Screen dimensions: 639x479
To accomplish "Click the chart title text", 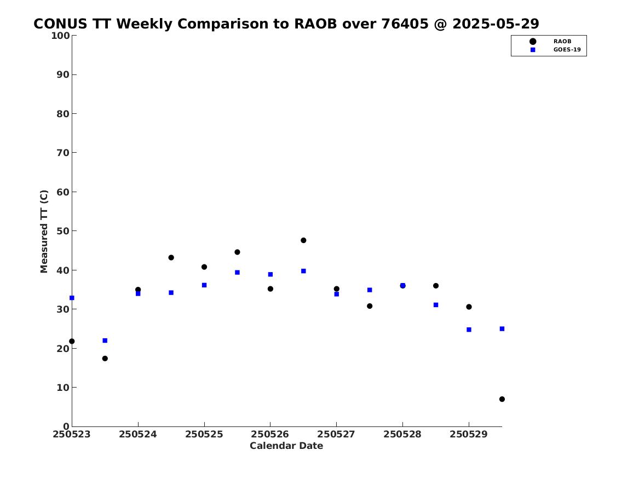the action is click(x=286, y=24).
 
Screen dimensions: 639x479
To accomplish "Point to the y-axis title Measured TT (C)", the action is click(x=44, y=231).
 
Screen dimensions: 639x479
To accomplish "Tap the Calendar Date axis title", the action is click(x=286, y=446).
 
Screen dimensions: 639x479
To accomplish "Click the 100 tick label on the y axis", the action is click(x=60, y=36).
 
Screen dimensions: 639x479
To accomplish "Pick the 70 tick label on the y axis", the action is click(x=63, y=153).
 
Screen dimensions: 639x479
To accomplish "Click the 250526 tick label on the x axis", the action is click(x=270, y=434).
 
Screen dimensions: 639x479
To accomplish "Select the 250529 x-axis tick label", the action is click(x=468, y=434).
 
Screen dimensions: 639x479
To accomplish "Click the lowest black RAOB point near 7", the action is click(x=502, y=399).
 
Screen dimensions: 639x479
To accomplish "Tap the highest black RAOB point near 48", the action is click(x=303, y=240).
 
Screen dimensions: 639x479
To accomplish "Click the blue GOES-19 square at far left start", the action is click(x=72, y=298).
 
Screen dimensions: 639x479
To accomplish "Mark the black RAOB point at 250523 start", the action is click(x=72, y=342).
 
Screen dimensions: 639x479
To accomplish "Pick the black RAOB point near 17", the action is click(x=105, y=359).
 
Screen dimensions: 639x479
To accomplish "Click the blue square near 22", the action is click(x=105, y=341).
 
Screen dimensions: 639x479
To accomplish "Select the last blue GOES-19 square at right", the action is click(x=502, y=328).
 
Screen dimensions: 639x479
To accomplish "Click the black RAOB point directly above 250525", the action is click(x=204, y=267).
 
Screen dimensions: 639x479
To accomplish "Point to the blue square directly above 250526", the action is click(x=270, y=274).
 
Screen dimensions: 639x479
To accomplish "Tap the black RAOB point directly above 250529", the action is click(x=469, y=307).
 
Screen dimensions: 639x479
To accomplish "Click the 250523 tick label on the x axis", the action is click(x=71, y=434).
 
